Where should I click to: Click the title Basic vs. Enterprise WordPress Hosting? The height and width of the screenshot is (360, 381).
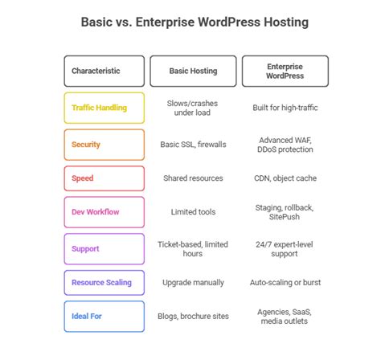[x=190, y=22]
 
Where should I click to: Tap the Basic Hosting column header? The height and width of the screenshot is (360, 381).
[x=193, y=71]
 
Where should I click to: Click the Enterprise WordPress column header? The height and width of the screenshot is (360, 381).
[x=285, y=71]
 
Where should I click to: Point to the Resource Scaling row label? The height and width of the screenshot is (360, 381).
[x=104, y=283]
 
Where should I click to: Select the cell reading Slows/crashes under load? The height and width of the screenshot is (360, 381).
[x=193, y=108]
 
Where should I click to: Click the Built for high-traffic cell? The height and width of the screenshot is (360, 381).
[x=285, y=108]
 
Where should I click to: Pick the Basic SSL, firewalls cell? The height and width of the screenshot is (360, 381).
[x=193, y=145]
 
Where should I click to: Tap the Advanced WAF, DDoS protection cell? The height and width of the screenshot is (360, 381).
[x=285, y=145]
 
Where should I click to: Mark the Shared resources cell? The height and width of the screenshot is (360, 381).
[x=193, y=178]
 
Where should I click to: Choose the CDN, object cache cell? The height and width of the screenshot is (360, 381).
[x=285, y=178]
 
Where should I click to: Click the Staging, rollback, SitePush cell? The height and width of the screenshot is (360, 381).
[x=285, y=212]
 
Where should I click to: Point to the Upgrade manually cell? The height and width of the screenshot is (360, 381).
[x=193, y=283]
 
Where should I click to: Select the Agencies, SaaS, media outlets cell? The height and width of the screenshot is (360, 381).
[x=285, y=317]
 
